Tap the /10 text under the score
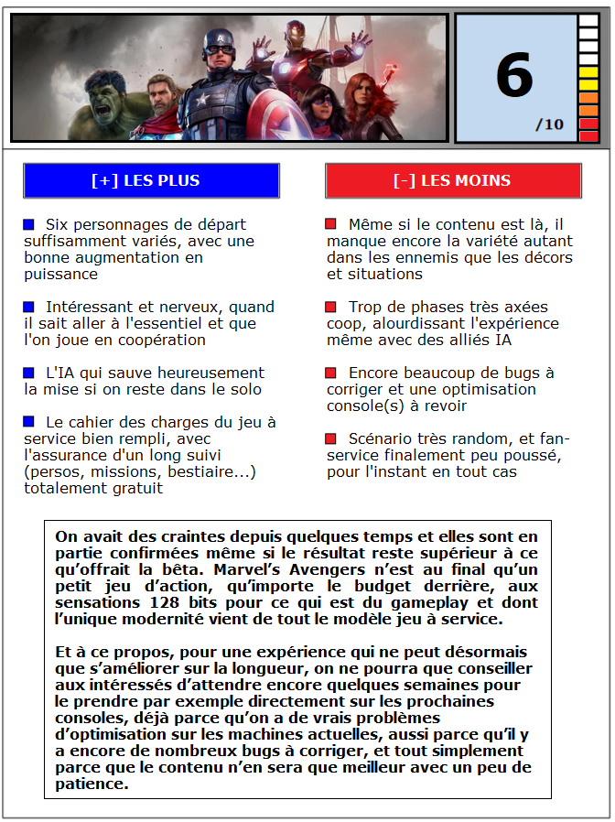point(550,124)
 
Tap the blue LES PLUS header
point(151,180)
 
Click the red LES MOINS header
point(453,180)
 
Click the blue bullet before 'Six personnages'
point(29,224)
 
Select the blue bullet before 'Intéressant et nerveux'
point(29,307)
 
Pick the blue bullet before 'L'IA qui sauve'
point(29,373)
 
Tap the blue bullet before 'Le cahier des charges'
point(29,422)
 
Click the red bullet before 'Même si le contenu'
point(331,224)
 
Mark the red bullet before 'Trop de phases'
point(331,307)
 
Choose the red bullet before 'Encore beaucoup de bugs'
point(331,373)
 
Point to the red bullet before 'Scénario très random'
point(331,438)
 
